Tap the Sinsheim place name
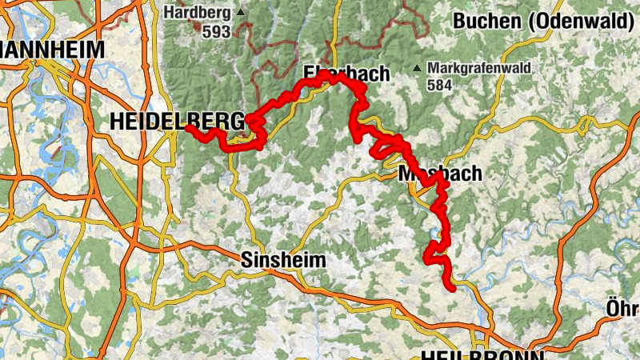pyautogui.click(x=283, y=260)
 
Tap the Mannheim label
pyautogui.click(x=52, y=49)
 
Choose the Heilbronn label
pyautogui.click(x=481, y=354)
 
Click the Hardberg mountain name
pyautogui.click(x=196, y=13)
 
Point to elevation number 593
pyautogui.click(x=217, y=32)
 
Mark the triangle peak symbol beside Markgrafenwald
pyautogui.click(x=417, y=68)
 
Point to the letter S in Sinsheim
pyautogui.click(x=246, y=260)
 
